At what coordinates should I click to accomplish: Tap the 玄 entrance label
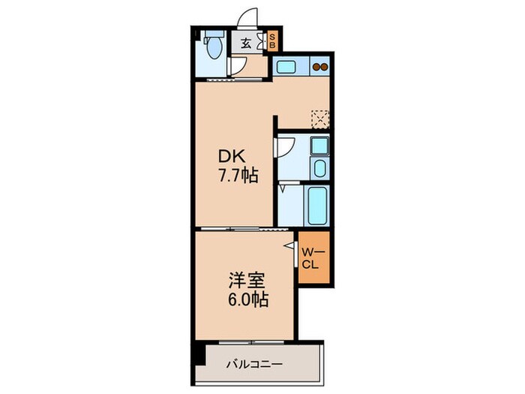[245, 43]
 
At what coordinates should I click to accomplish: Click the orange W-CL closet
[312, 258]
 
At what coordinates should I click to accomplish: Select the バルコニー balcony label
[255, 365]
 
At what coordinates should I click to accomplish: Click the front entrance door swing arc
[247, 17]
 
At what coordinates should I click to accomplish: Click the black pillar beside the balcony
[196, 353]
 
